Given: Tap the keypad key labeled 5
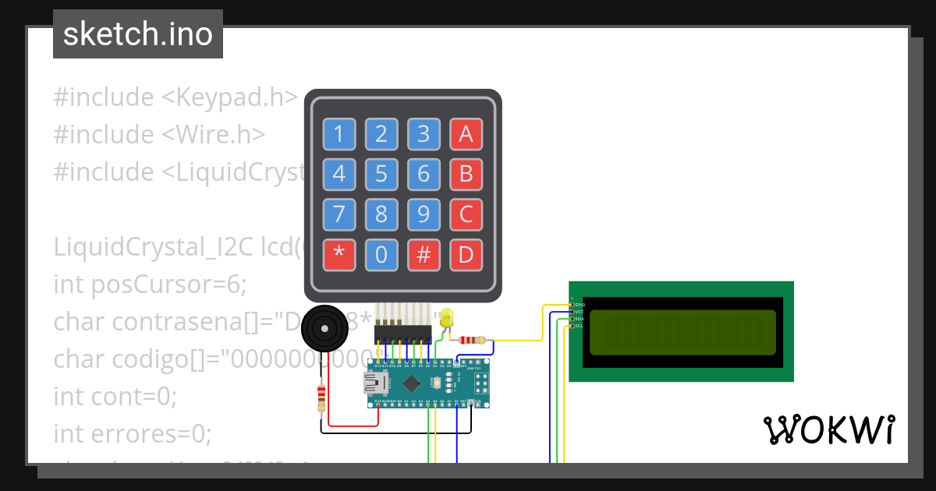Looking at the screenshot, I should point(381,174).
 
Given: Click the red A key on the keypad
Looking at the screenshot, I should point(466,134).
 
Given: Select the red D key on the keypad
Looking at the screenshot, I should point(466,255).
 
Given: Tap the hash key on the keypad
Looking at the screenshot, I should point(424,255).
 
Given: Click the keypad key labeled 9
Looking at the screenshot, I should point(424,214).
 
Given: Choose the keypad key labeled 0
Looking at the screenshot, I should point(381,255).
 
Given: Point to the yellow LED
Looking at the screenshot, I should point(446,318).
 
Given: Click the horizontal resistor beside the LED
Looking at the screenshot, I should point(472,340).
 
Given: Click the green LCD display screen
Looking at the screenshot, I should point(682,331).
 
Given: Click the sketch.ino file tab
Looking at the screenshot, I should point(138,34).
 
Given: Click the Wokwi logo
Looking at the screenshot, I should point(828,429).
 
